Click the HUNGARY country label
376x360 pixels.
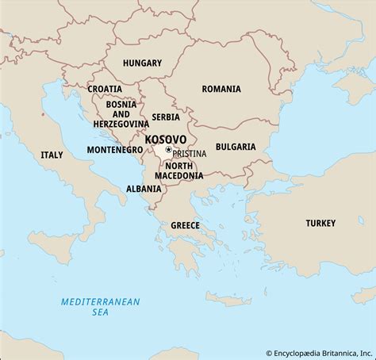(142, 63)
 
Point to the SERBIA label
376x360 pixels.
(167, 116)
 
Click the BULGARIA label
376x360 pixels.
(236, 147)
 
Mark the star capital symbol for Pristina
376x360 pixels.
(168, 149)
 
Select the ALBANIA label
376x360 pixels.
(144, 189)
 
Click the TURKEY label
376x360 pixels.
(321, 223)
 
